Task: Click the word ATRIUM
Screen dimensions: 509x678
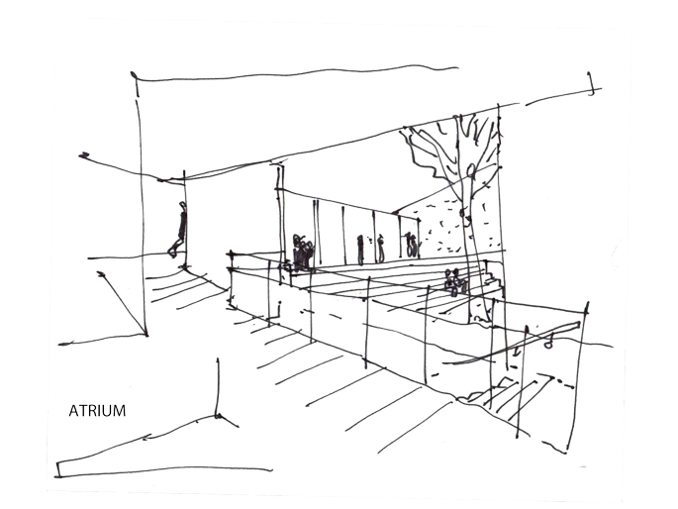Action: (x=97, y=410)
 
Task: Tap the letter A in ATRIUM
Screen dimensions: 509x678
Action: (x=73, y=410)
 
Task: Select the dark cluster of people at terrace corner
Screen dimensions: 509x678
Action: (x=301, y=254)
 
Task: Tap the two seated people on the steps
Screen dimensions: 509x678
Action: (x=454, y=282)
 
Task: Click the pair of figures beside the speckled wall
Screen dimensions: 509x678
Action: (x=410, y=244)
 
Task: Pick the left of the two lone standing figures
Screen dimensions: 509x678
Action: (x=360, y=249)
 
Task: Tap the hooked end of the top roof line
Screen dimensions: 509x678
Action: (x=592, y=87)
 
